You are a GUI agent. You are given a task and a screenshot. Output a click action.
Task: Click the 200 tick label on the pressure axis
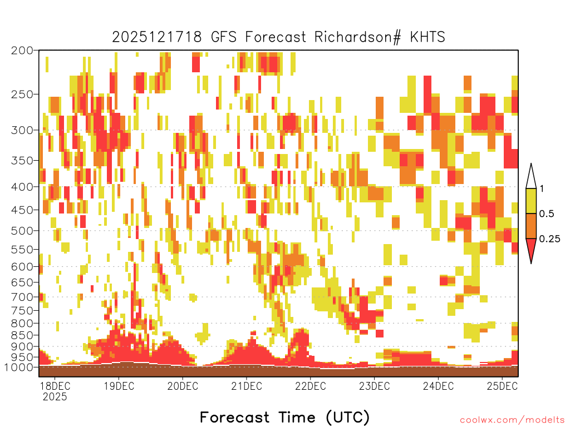click(22, 51)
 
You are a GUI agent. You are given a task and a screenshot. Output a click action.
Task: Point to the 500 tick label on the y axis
click(22, 231)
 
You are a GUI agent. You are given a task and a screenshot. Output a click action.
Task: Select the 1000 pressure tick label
click(19, 368)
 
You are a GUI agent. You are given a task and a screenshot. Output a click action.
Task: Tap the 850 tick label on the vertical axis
click(22, 335)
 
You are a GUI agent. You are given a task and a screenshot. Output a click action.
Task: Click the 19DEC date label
click(119, 386)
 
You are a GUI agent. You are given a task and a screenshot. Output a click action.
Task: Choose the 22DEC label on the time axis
click(311, 386)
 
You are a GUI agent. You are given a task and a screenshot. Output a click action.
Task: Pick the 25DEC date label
click(502, 386)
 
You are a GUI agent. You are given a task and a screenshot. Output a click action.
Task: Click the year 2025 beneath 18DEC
click(55, 397)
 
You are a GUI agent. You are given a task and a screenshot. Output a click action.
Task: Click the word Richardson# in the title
click(358, 37)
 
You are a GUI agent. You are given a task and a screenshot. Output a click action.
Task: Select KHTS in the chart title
click(427, 37)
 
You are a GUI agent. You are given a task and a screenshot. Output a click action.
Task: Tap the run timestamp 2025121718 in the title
click(156, 37)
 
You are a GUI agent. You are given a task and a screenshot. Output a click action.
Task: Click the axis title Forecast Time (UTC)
click(284, 418)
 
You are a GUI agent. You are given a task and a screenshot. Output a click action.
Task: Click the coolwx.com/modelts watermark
click(513, 420)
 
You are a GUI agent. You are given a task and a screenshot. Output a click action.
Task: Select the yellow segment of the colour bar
click(531, 201)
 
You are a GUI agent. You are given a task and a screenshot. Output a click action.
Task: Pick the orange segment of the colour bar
click(531, 226)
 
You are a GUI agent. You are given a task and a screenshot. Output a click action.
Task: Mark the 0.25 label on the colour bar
click(549, 239)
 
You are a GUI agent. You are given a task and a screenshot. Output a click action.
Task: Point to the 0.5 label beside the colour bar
click(547, 214)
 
